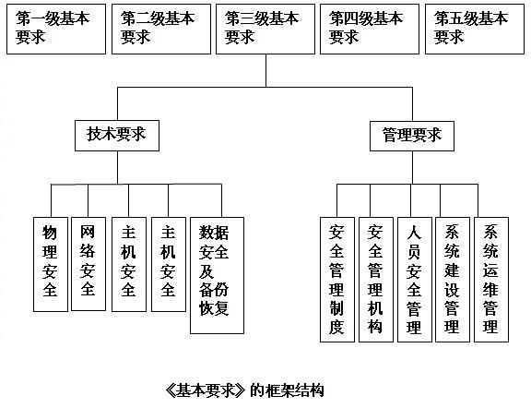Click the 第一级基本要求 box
pos(56,29)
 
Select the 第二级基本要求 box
pos(161,29)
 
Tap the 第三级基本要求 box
pos(265,29)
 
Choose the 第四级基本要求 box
pos(370,29)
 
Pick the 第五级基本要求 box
pos(475,29)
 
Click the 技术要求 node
pos(117,136)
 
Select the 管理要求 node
pos(412,136)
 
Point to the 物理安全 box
pos(51,264)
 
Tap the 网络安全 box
pos(88,264)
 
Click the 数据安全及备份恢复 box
pos(217,275)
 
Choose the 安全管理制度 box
pos(337,280)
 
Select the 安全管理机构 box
pos(376,280)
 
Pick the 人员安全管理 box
pos(415,280)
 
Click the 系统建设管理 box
pos(453,280)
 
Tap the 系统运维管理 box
pos(491,280)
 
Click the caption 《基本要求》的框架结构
pos(244,390)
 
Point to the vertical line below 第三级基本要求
pos(265,70)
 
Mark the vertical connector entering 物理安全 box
pos(51,201)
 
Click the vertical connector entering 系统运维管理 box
pos(478,201)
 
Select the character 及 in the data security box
pos(206,271)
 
